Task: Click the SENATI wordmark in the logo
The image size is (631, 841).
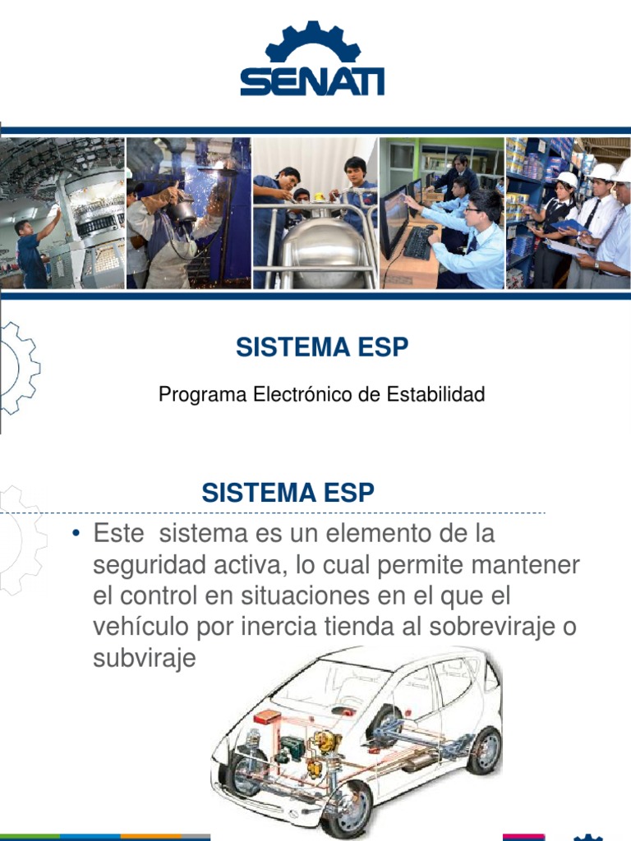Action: [311, 81]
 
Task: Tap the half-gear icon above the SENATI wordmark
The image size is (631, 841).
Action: [312, 43]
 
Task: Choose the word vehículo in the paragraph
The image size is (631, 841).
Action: [141, 627]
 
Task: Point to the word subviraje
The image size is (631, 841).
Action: [145, 658]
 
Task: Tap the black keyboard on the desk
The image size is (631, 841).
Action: [420, 242]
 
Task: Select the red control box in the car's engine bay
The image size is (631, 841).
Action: [268, 717]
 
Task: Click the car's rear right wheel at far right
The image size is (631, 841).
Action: [485, 750]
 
